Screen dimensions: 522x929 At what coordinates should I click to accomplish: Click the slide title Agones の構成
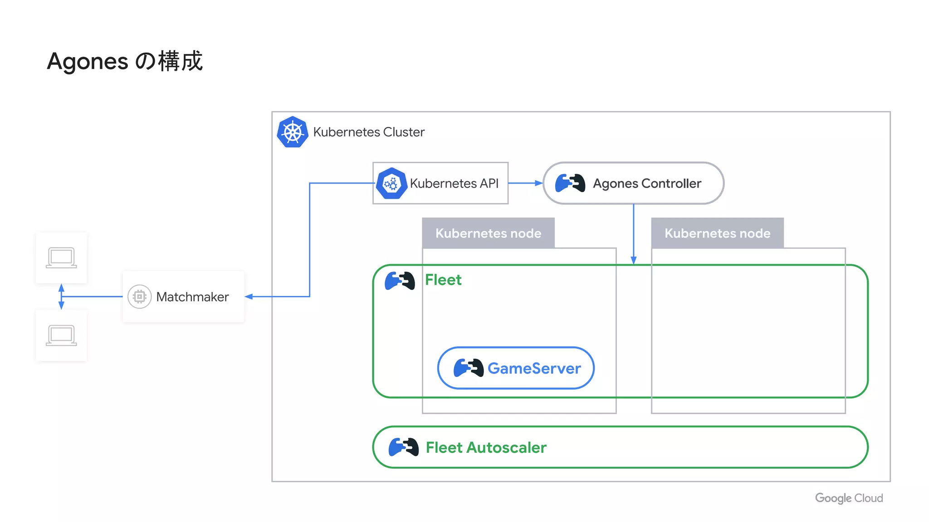(124, 61)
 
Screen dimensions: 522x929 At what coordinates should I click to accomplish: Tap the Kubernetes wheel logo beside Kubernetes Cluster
(293, 132)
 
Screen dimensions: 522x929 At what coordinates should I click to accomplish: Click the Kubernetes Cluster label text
(368, 132)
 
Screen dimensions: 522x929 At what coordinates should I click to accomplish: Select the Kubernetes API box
(440, 183)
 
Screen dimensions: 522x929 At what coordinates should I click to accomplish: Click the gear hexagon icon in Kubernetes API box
(391, 184)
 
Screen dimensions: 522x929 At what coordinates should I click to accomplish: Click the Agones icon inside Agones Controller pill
(570, 183)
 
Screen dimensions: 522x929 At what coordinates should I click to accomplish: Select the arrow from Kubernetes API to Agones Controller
(525, 183)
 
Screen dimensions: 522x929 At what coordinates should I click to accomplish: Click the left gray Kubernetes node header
(488, 233)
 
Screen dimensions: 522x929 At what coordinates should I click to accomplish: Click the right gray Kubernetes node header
(717, 233)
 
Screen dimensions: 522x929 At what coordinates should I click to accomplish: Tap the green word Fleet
(443, 280)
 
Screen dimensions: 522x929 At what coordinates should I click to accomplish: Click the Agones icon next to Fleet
(400, 281)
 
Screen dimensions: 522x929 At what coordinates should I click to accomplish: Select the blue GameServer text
(534, 368)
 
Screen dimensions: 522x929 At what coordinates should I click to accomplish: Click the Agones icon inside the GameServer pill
(468, 367)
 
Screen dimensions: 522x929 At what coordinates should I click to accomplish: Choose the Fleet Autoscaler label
(486, 448)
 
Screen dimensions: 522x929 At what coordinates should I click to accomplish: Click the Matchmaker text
(192, 297)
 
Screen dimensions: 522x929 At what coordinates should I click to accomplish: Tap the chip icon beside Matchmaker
(139, 297)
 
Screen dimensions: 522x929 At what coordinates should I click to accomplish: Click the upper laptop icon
(61, 257)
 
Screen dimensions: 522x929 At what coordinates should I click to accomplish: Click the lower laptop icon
(61, 335)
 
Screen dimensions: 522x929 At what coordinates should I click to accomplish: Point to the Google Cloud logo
(849, 498)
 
